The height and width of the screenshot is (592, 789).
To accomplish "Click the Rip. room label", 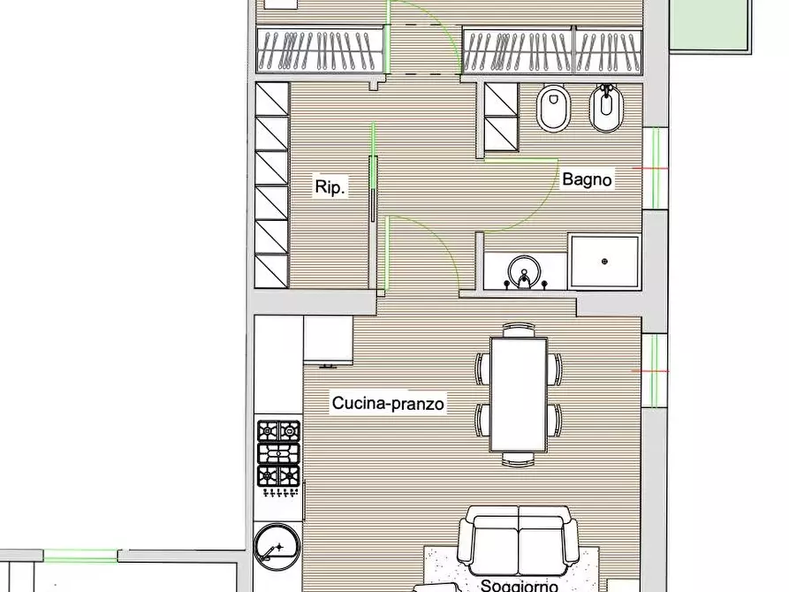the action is [x=330, y=186].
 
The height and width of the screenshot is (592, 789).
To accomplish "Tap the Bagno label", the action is [x=587, y=179].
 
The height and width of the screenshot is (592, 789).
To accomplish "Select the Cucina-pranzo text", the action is [x=388, y=403].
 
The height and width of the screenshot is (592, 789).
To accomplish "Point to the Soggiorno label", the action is [x=519, y=586].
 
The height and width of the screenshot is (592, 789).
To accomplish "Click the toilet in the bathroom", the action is [x=553, y=108].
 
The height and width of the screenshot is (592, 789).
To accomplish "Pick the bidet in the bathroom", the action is [x=606, y=108].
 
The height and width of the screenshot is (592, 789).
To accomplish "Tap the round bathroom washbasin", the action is [x=524, y=273].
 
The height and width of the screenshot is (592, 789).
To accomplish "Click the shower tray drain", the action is [x=604, y=262].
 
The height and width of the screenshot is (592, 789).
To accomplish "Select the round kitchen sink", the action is [x=277, y=547].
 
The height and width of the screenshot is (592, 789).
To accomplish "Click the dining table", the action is [x=519, y=395].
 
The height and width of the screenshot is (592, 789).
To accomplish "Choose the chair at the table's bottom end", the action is [x=519, y=459].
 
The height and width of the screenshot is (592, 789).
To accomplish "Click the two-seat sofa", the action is [x=519, y=541].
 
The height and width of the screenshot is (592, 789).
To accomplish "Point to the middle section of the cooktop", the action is [x=278, y=453].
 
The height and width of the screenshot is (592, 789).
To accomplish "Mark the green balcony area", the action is [x=709, y=24].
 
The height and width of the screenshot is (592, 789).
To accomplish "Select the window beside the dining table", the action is [x=654, y=371].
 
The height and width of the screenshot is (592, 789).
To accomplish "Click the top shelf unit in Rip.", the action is [x=272, y=99].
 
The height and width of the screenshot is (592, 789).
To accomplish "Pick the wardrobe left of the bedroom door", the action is [x=320, y=49].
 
